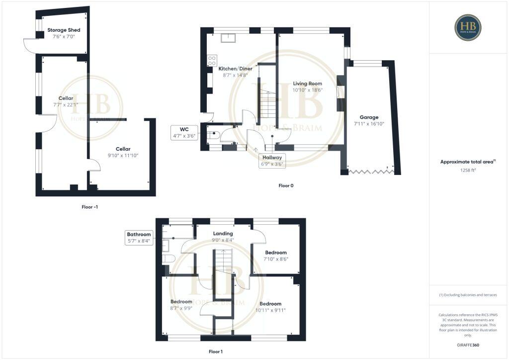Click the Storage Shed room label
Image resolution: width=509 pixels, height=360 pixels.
(x=64, y=30)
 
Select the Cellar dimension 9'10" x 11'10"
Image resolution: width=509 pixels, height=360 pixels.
(x=123, y=156)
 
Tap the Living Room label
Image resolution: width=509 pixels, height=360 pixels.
(x=307, y=84)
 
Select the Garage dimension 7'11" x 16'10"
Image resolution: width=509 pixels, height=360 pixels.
(x=369, y=124)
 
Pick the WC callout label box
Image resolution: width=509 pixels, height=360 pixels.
(x=184, y=132)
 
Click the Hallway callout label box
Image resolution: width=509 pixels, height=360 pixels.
(x=272, y=160)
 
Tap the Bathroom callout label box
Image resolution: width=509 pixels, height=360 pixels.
(x=139, y=237)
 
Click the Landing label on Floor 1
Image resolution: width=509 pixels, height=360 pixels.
(x=223, y=234)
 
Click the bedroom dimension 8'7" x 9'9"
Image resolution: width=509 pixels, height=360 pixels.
(x=181, y=308)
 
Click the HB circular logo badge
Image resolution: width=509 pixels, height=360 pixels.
(x=468, y=27)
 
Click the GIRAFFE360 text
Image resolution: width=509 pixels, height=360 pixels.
(x=468, y=345)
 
